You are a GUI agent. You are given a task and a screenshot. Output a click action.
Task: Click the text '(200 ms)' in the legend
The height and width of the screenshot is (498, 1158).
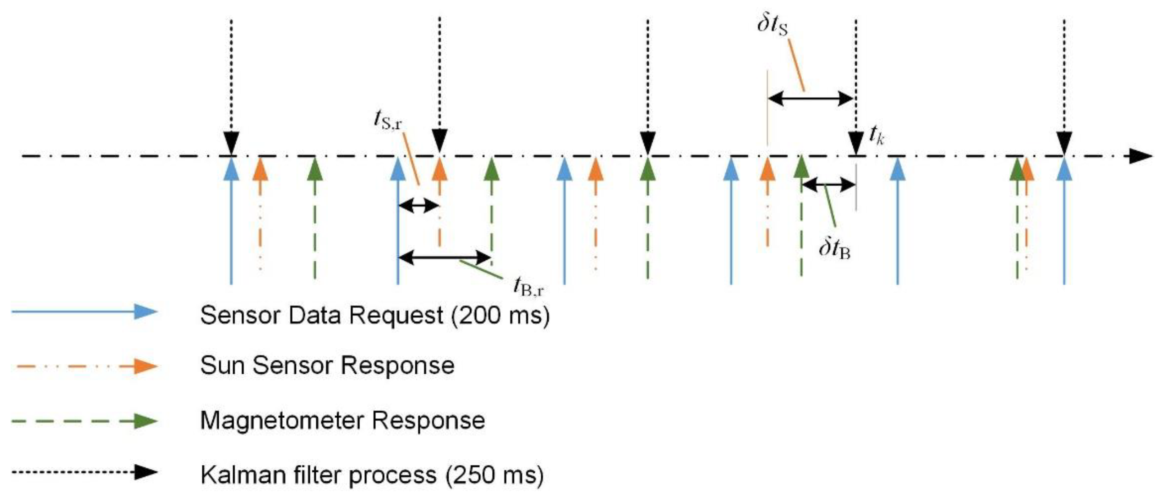coord(500,316)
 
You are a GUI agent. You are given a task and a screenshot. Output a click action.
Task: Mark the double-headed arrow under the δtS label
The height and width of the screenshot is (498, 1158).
coord(810,98)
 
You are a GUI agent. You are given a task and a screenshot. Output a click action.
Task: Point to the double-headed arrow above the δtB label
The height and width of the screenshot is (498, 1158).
coord(828,184)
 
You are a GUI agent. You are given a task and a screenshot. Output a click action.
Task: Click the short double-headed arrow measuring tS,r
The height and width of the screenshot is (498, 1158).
coord(418,206)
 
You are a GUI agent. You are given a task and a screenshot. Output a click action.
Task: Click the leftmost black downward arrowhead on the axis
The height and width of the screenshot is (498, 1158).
coord(231,143)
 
